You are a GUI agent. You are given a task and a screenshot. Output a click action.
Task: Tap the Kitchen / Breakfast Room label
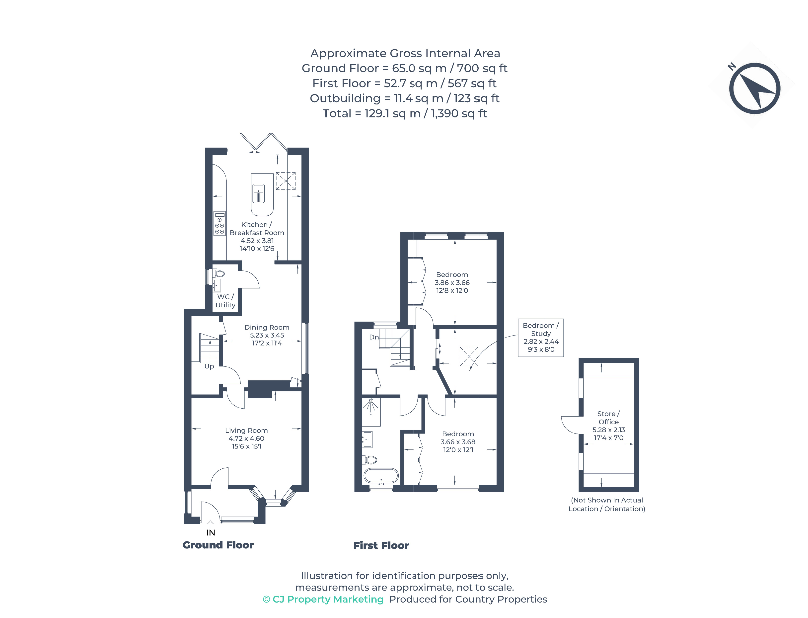point(257,228)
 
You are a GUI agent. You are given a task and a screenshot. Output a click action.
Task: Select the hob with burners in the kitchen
point(220,223)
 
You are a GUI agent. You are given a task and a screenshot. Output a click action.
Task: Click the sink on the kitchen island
point(258,193)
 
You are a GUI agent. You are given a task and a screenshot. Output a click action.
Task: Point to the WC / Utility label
point(225,301)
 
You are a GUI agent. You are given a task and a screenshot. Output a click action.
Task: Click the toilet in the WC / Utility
point(220,274)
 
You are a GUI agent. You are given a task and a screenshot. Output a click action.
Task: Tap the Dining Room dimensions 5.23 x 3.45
point(267,335)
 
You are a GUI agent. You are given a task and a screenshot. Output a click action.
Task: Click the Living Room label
point(246,430)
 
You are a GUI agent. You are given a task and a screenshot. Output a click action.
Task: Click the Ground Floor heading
point(218,545)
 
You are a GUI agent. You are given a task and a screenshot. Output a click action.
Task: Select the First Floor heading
point(381,545)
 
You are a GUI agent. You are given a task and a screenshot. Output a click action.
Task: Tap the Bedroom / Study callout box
point(540,337)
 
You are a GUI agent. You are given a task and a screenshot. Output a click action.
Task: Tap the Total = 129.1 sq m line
point(404,113)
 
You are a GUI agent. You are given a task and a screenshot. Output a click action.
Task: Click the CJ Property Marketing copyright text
point(323,599)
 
